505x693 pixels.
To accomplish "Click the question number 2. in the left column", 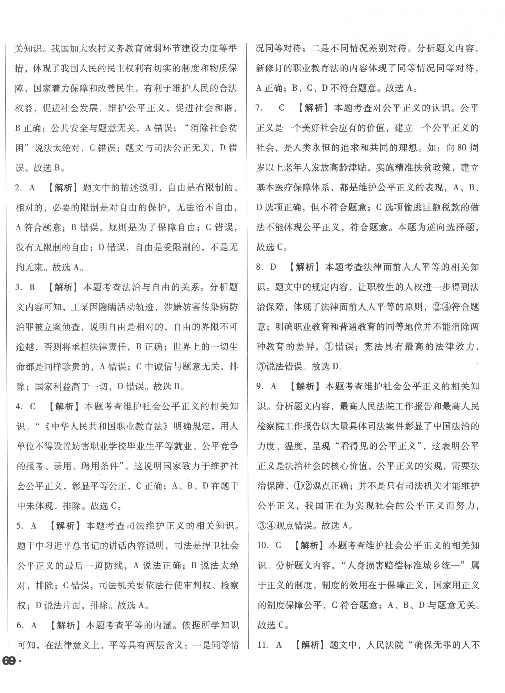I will pos(19,188).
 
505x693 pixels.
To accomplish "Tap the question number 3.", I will pos(19,288).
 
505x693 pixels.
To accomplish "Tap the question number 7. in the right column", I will pos(259,108).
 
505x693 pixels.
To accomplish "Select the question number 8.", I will pos(260,267).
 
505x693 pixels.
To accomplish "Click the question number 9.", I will pos(260,387).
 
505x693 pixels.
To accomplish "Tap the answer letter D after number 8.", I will pos(273,267).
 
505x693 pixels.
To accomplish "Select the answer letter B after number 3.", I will pos(32,288).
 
